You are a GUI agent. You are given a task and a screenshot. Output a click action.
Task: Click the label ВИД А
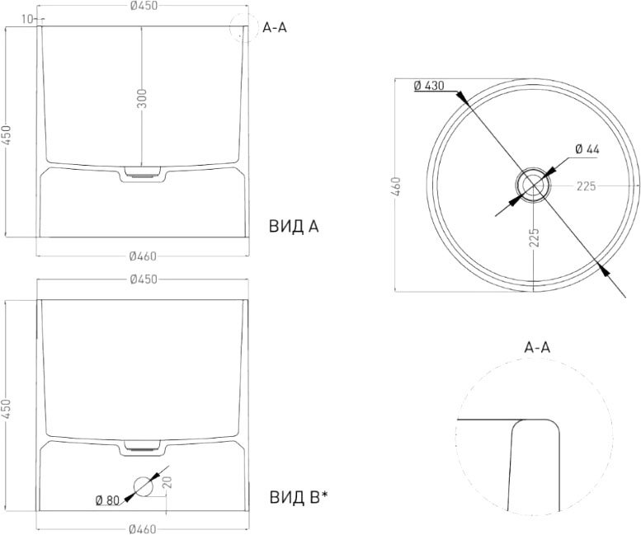294,226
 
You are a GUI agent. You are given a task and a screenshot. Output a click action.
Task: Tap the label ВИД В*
299,496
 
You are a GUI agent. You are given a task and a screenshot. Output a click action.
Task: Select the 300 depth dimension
142,98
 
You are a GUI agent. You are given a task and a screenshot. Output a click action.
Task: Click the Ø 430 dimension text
429,86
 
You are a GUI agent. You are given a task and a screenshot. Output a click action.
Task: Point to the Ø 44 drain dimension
587,149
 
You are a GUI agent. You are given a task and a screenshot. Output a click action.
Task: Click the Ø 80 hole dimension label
107,500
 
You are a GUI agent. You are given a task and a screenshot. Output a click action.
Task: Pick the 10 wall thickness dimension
27,19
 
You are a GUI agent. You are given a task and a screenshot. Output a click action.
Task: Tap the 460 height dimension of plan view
396,185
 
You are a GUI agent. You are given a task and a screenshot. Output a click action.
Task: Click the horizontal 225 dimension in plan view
587,186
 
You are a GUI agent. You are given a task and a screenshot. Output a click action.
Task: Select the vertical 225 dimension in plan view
534,237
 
